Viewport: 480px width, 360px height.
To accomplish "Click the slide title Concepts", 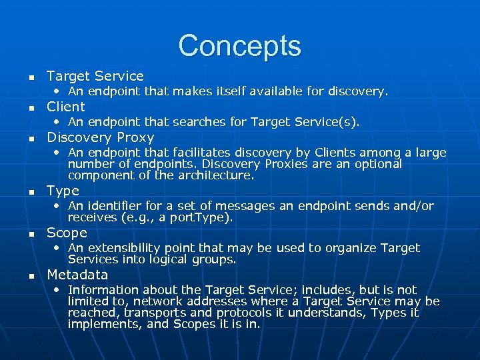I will click(x=239, y=45).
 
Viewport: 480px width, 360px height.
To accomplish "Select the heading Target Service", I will click(x=95, y=76).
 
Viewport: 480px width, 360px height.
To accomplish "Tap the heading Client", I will click(x=65, y=107).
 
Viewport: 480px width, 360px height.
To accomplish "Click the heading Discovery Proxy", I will click(x=100, y=137).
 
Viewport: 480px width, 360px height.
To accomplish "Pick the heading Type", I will click(x=63, y=191).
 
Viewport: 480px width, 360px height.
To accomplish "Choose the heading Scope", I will click(x=67, y=233).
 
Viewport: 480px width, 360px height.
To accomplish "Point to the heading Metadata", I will click(x=77, y=275).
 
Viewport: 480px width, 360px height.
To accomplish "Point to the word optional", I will click(x=377, y=164).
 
